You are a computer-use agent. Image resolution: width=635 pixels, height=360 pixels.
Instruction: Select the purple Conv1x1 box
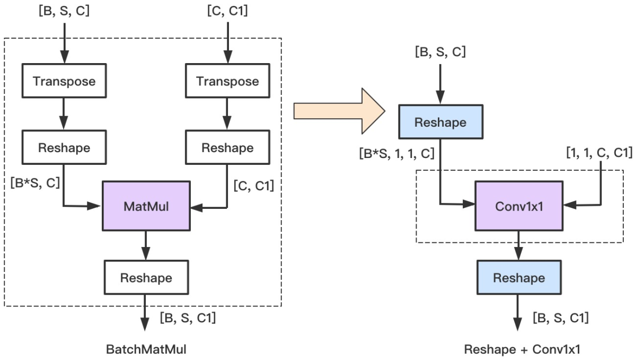[518, 207]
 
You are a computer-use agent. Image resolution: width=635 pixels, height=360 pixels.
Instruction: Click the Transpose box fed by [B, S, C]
[64, 81]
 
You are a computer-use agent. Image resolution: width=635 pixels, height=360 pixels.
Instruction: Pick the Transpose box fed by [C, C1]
[227, 81]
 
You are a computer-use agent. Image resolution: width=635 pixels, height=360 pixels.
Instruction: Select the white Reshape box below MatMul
[146, 277]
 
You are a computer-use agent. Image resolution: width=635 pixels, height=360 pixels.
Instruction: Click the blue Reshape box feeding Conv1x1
[440, 122]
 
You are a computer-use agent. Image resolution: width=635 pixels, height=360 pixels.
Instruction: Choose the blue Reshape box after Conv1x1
[518, 278]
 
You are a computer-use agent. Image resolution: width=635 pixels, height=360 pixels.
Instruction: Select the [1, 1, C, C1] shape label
[598, 154]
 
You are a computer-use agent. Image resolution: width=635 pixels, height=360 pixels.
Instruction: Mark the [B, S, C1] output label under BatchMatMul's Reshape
[187, 318]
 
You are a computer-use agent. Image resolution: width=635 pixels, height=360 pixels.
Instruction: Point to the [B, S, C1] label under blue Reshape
[560, 318]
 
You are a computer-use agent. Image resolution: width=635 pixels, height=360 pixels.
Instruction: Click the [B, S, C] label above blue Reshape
[440, 52]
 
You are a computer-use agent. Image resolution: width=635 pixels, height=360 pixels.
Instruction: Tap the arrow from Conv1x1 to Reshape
[518, 245]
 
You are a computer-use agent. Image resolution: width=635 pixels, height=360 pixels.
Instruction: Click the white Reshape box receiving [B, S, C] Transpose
[64, 147]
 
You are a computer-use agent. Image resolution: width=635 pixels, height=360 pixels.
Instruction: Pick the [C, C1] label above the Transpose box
[227, 11]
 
